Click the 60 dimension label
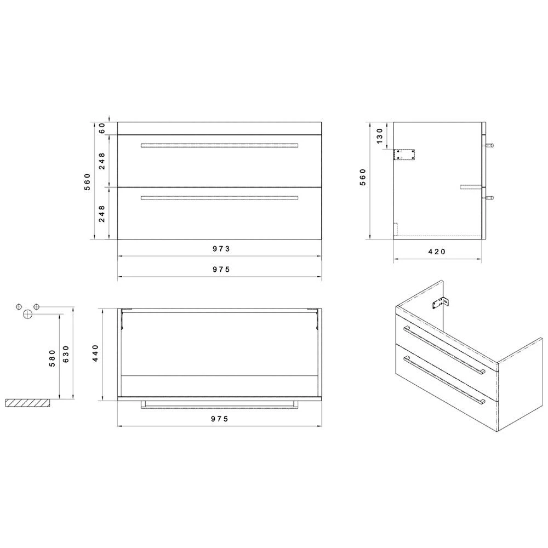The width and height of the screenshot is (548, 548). (x=101, y=128)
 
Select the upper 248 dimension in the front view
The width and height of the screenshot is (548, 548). (x=101, y=161)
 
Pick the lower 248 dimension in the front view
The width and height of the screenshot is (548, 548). (x=101, y=213)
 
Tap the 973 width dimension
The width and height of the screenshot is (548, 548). (x=220, y=249)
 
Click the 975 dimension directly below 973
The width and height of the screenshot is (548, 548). (x=220, y=269)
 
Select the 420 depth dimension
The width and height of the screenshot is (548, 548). (x=437, y=252)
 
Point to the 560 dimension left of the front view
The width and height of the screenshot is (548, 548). (x=87, y=181)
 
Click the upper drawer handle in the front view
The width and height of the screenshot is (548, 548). (x=219, y=145)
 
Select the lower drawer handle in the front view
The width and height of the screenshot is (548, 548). (x=219, y=197)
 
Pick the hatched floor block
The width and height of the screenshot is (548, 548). (x=27, y=403)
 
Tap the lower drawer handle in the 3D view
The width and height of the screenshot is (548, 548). (x=444, y=381)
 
